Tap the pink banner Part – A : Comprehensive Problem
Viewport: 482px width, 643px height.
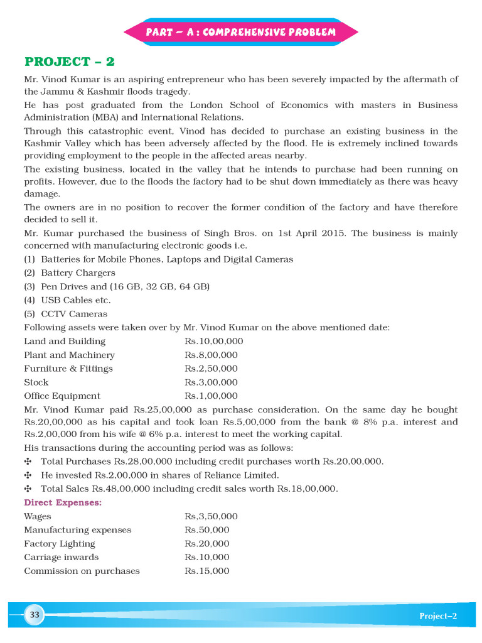tap(241, 32)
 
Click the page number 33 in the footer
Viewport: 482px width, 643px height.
tap(35, 615)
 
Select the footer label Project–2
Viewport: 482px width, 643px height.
tap(438, 616)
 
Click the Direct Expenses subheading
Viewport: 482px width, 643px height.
tap(63, 503)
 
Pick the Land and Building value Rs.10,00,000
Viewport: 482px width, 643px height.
tap(213, 342)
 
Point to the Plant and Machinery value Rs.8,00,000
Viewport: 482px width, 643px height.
tap(211, 355)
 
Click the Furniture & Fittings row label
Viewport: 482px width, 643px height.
tap(68, 369)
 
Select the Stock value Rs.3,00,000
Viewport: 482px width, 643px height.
tap(211, 382)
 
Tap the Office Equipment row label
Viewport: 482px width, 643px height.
tap(62, 396)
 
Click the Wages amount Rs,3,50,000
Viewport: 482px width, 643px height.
tap(211, 516)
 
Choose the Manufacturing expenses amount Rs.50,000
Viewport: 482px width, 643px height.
tap(207, 530)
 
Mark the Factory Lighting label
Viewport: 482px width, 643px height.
tap(60, 544)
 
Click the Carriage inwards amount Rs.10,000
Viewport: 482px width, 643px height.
tap(207, 558)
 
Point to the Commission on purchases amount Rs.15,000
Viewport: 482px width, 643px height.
tap(207, 571)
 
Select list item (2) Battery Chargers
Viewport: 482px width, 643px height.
tap(70, 273)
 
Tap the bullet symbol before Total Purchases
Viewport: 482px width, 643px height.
tap(28, 462)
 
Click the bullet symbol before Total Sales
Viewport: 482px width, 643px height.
tap(28, 489)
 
